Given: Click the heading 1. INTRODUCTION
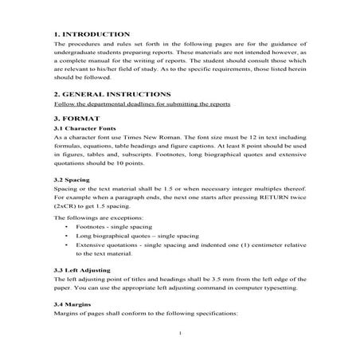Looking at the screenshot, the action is coord(91,34).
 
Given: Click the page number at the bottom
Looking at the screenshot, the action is coord(182,333).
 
